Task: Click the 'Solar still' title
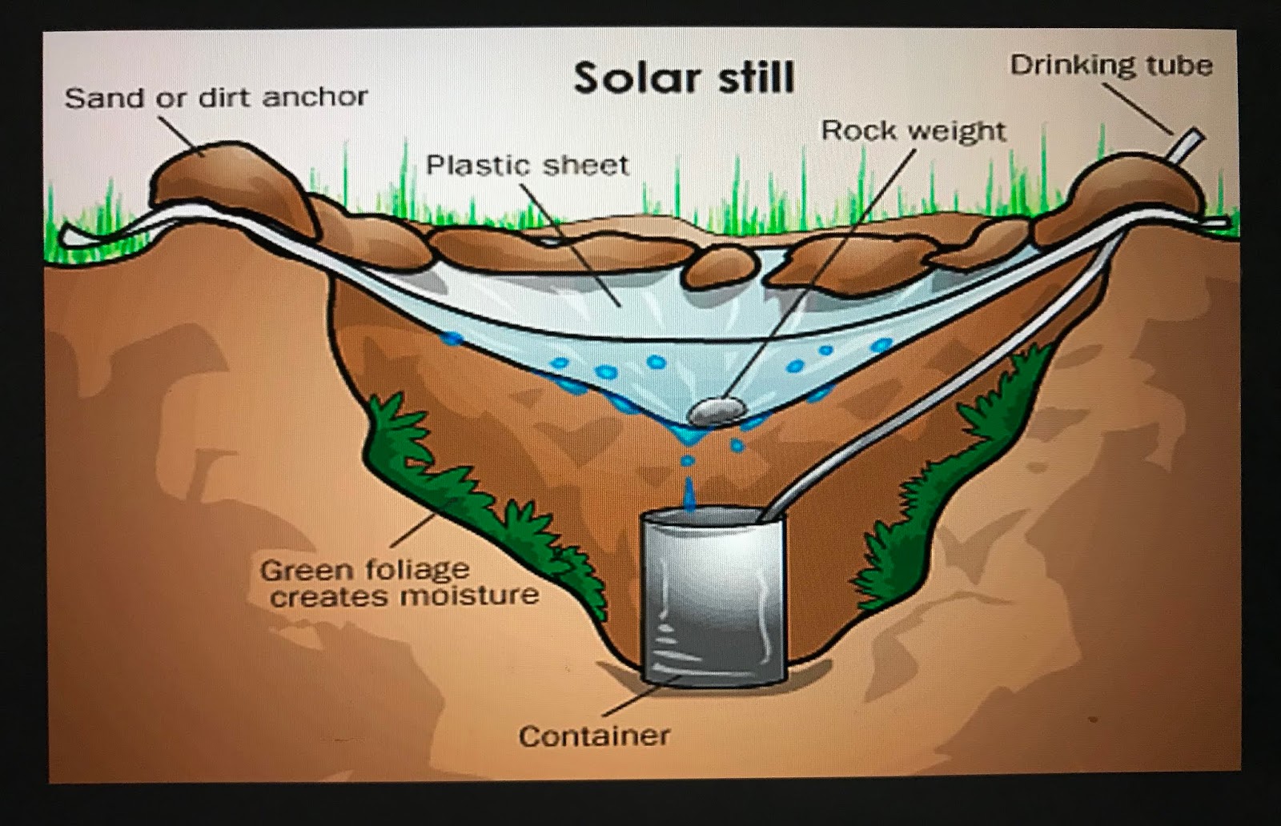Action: tap(684, 78)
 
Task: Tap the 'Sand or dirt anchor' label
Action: tap(216, 98)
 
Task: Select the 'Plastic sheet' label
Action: tap(527, 165)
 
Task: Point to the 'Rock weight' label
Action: tap(914, 130)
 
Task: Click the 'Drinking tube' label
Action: tap(1110, 65)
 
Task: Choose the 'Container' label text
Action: tap(594, 736)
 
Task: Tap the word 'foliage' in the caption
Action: tap(419, 570)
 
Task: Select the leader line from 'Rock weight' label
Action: tap(825, 264)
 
